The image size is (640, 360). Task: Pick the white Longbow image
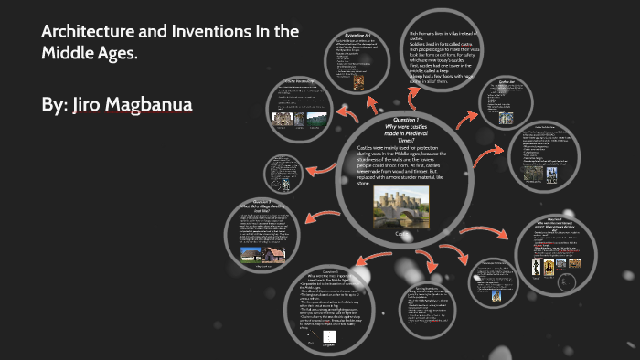[x=328, y=338]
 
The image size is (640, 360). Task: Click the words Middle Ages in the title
[x=86, y=54]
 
